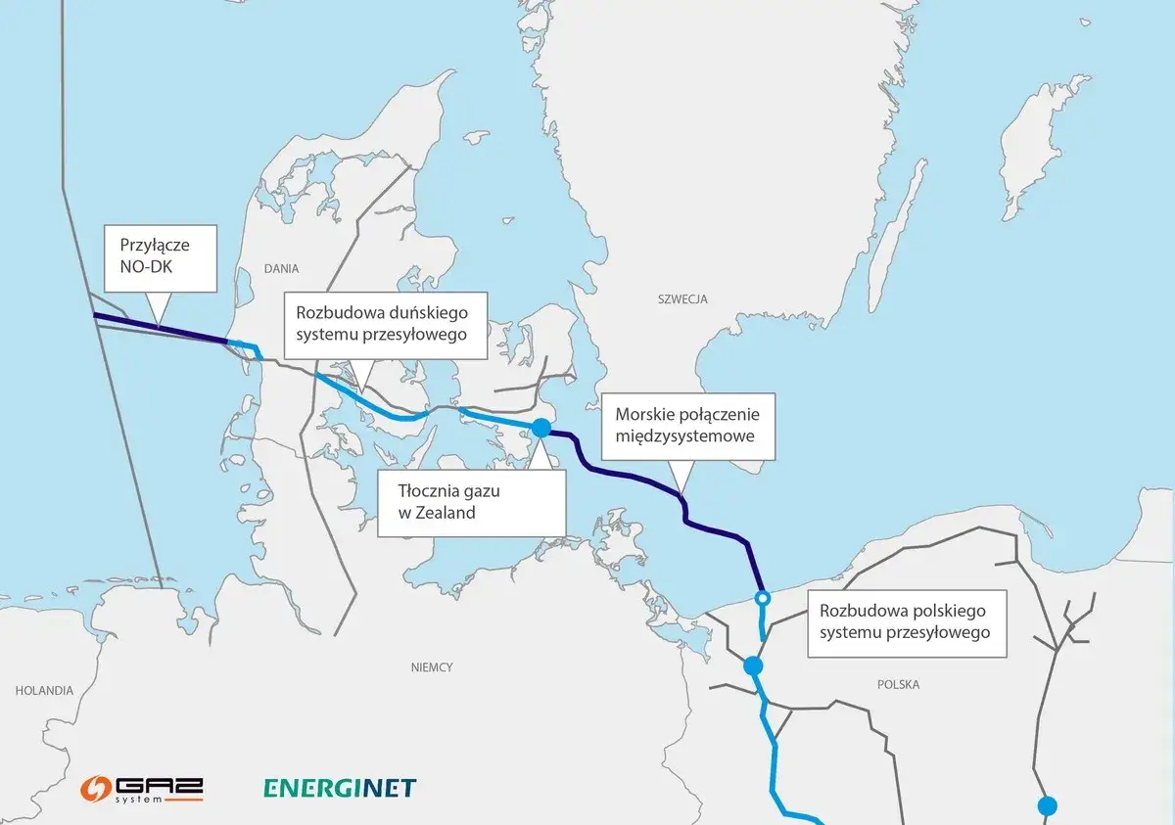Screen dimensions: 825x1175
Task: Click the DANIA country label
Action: tap(280, 267)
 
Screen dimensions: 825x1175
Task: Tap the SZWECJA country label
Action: tap(683, 299)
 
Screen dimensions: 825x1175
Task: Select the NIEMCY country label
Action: tap(432, 667)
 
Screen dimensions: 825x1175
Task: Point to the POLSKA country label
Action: tap(898, 684)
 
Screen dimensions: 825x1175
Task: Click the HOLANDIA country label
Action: tap(44, 690)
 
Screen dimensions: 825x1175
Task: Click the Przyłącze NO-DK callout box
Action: tap(160, 257)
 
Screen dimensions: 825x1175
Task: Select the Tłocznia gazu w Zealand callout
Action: tap(471, 502)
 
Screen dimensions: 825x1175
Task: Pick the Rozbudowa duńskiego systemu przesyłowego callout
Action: tap(384, 323)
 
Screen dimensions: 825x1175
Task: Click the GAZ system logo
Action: tap(142, 788)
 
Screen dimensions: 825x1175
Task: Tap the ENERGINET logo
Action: tap(340, 788)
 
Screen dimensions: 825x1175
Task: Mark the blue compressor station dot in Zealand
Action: tap(540, 428)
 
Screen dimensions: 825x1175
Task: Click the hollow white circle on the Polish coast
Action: tap(762, 598)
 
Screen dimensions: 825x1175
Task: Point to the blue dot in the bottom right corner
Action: tap(1048, 806)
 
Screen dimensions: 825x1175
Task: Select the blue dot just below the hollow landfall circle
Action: tap(752, 665)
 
